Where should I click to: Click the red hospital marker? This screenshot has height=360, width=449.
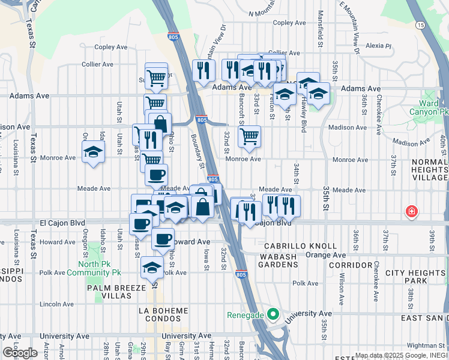click(412, 211)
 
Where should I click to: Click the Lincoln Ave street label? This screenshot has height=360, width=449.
click(56, 304)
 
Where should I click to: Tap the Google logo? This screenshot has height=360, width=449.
click(20, 353)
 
